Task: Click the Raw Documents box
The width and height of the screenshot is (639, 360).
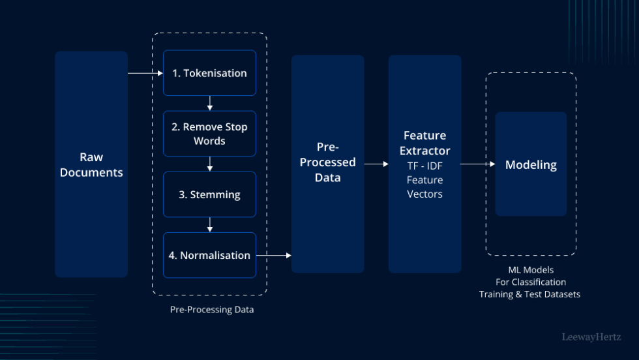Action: click(x=91, y=164)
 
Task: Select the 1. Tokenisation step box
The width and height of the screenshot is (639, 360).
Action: click(x=209, y=73)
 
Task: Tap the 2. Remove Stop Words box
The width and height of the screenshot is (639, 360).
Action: click(x=209, y=134)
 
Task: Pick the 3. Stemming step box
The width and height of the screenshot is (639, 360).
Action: click(x=209, y=194)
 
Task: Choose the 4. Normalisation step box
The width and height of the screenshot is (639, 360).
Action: click(x=209, y=255)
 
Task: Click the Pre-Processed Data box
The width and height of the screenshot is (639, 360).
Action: click(x=327, y=164)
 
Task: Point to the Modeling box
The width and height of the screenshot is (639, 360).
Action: click(x=531, y=164)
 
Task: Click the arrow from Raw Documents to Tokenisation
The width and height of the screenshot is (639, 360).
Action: click(x=145, y=73)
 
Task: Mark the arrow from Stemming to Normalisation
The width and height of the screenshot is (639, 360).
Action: click(x=209, y=224)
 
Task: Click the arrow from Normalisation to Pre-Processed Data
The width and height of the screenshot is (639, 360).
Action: click(x=273, y=255)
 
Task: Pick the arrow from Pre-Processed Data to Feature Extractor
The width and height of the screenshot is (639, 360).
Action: click(x=376, y=164)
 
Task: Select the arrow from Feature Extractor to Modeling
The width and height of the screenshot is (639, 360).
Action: click(x=477, y=164)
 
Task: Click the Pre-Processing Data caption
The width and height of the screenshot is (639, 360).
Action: click(x=212, y=310)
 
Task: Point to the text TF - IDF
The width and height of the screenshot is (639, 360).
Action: click(x=424, y=166)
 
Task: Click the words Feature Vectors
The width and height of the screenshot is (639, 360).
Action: click(x=424, y=187)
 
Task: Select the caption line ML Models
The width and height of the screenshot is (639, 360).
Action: click(x=531, y=269)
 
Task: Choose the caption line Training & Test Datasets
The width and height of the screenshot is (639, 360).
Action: click(x=529, y=294)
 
